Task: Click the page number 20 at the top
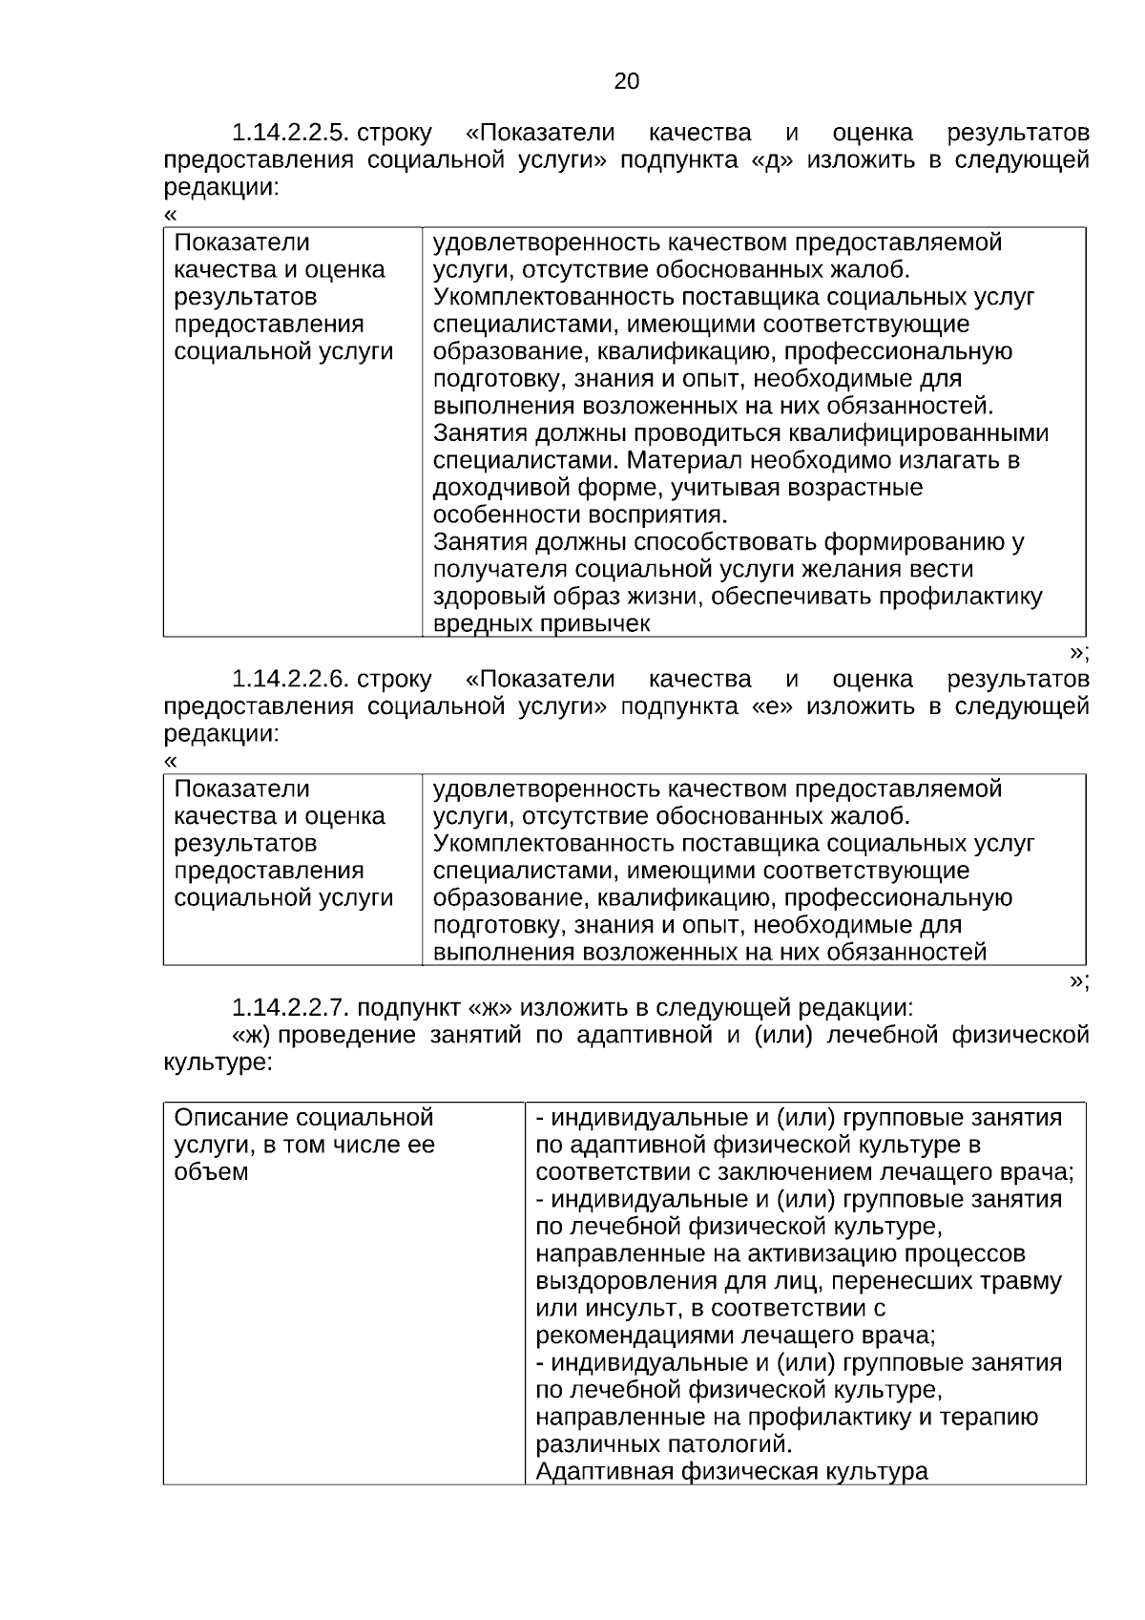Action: (626, 82)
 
